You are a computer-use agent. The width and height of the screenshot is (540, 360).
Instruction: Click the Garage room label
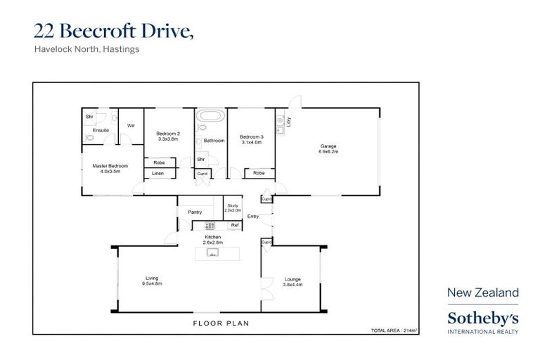(x=328, y=146)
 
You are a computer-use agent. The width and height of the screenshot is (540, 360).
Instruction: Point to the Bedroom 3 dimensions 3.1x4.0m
(x=251, y=142)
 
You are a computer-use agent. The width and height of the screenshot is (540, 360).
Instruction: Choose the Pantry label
(x=195, y=212)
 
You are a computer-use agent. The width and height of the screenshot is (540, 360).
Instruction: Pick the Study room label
(x=233, y=205)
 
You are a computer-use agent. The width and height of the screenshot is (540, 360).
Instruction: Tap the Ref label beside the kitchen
(x=235, y=225)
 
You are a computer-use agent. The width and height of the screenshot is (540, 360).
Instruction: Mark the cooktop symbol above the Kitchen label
(x=209, y=226)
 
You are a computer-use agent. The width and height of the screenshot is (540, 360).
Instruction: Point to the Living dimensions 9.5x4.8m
(x=152, y=283)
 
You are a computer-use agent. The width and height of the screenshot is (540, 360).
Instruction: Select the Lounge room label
(x=292, y=279)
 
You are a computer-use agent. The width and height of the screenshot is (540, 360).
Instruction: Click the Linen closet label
(x=158, y=173)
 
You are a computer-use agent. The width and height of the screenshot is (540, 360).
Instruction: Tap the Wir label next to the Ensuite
(x=131, y=126)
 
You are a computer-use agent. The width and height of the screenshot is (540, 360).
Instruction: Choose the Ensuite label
(x=101, y=131)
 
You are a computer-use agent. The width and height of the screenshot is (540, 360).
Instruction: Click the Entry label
(x=253, y=216)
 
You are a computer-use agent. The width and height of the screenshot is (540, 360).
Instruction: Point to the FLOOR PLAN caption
(x=221, y=323)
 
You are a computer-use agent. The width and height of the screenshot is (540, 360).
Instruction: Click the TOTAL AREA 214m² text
(x=394, y=330)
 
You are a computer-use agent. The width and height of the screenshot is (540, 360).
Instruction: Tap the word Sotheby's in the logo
(x=483, y=318)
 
